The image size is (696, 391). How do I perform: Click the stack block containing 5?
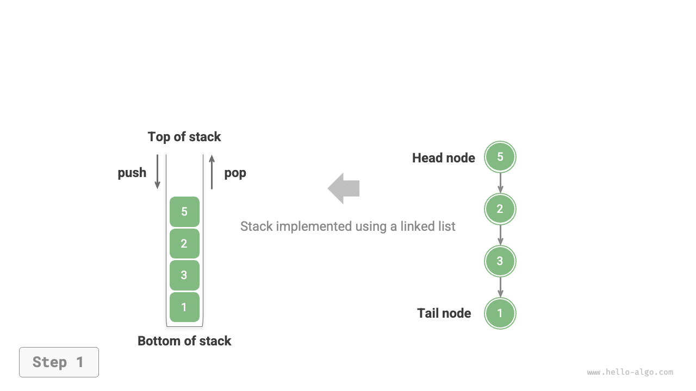coord(184,212)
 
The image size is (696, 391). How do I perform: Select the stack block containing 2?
coord(184,243)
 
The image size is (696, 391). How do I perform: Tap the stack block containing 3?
coord(184,275)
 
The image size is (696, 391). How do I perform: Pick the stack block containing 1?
coord(184,307)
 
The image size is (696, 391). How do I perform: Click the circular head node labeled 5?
coord(500,157)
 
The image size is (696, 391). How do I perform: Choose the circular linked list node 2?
coord(500,209)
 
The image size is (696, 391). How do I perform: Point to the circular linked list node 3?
coord(500,261)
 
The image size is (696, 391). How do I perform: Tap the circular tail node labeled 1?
coord(500,313)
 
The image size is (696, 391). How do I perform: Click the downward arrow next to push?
coord(158,172)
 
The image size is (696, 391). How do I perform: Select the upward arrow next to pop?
coord(212,172)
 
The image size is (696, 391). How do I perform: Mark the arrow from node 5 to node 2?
coord(500,183)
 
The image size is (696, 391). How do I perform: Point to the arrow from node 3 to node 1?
coord(500,287)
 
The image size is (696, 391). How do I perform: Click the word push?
coord(132,173)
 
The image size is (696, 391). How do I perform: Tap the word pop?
coord(235,173)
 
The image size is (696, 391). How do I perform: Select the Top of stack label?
coord(184,137)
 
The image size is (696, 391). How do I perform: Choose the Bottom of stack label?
coord(184,341)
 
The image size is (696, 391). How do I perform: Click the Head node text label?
coord(443,158)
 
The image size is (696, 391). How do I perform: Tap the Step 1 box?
coord(59,362)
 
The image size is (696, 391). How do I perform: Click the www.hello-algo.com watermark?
coord(630,373)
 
